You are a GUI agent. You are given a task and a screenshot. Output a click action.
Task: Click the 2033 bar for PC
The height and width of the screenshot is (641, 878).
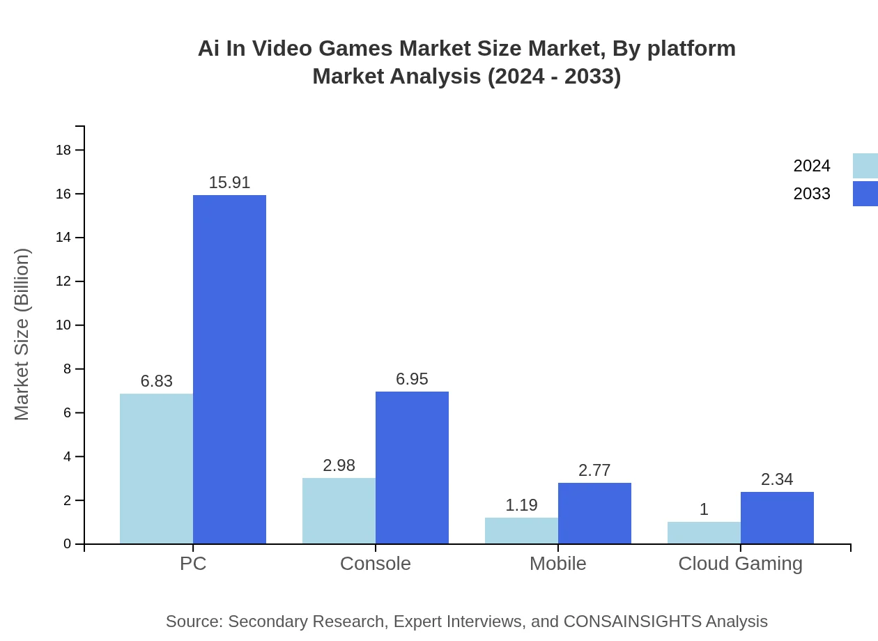click(229, 369)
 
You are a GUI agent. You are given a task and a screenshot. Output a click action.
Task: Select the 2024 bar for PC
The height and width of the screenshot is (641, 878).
click(156, 468)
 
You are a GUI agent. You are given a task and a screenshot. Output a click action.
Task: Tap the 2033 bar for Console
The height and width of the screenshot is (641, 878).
click(412, 468)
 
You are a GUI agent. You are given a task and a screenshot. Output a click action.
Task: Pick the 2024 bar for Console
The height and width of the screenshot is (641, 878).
click(339, 511)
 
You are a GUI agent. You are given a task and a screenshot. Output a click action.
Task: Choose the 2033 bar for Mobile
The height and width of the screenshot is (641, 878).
click(594, 513)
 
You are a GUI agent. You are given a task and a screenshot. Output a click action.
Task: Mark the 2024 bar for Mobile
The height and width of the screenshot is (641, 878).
click(521, 530)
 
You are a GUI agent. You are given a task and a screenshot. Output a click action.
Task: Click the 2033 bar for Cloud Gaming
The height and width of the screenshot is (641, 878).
click(777, 518)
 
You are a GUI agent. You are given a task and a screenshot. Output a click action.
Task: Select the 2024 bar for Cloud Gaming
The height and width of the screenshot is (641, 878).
click(704, 532)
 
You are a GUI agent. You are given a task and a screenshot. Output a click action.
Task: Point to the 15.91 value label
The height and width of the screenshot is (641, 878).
click(229, 183)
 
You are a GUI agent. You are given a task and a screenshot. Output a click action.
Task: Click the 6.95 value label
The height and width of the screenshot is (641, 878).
click(412, 379)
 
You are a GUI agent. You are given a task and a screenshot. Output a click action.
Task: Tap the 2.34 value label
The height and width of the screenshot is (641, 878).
click(777, 479)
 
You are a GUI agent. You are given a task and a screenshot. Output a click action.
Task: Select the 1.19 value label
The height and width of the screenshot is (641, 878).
click(521, 505)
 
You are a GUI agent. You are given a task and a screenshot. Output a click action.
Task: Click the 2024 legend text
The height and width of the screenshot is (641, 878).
click(812, 166)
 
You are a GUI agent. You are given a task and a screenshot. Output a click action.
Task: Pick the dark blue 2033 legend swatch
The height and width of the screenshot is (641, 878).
click(865, 194)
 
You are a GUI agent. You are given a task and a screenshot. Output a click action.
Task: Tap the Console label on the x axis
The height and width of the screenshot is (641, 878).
click(376, 563)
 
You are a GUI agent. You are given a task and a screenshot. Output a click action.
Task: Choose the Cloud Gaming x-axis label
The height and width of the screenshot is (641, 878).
click(740, 563)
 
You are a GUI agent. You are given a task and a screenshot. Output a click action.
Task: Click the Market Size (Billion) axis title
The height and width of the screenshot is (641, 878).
click(22, 334)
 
